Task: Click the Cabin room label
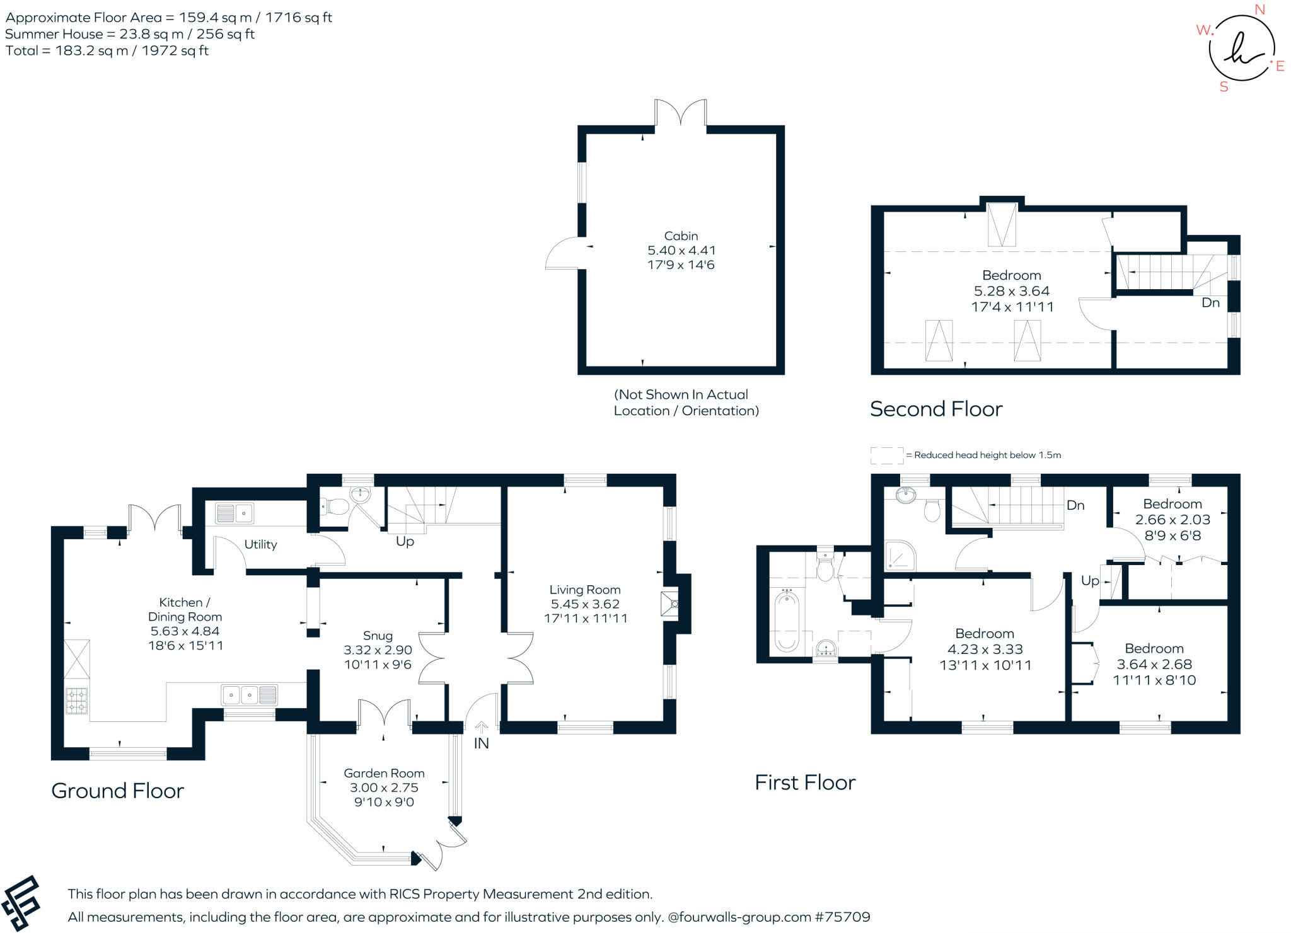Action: pos(681,236)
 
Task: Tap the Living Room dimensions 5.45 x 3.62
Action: pos(585,604)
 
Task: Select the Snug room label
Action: pos(378,636)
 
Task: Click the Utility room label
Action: pos(260,544)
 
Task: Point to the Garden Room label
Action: pos(384,773)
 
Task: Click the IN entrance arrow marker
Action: pos(481,728)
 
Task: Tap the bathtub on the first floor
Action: pos(787,620)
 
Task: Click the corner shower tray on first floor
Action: pos(900,556)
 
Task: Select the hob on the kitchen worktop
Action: pos(77,701)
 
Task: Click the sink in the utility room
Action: pos(235,513)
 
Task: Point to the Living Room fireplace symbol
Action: pos(669,604)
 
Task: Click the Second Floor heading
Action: pos(936,409)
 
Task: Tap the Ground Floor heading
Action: pos(117,791)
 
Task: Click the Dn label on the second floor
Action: pos(1210,303)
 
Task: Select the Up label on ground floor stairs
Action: pos(405,542)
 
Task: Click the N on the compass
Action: pos(1259,9)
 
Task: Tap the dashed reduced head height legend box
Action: pos(886,455)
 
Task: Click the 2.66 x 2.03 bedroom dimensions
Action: pos(1172,520)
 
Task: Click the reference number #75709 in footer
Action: pos(842,917)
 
